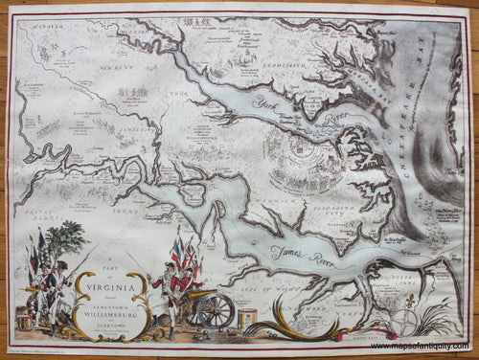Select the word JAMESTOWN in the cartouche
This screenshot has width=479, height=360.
(111, 299)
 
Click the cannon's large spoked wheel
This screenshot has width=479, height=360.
(217, 308)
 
